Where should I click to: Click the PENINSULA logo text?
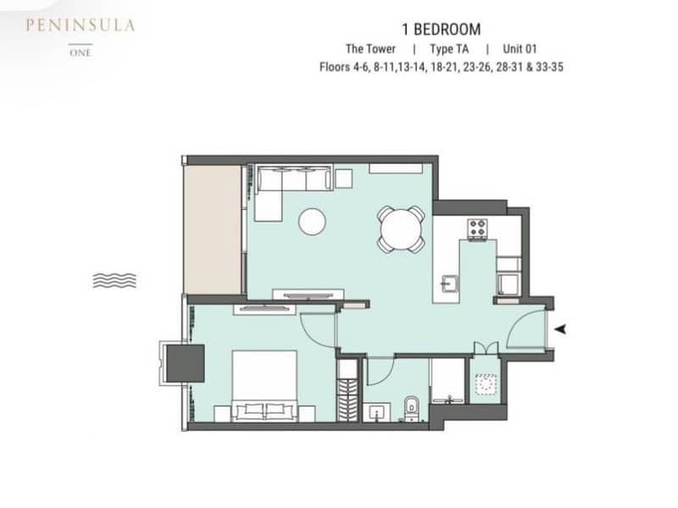80,25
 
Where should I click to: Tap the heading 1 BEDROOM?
441,30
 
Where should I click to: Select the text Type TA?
449,49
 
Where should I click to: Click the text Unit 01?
520,49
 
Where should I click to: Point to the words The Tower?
370,49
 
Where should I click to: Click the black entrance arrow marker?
561,329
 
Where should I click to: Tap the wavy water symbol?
114,280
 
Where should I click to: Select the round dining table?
401,229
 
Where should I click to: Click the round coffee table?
312,222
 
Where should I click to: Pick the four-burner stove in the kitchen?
478,229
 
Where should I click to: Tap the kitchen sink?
449,284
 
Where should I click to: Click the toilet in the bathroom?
411,409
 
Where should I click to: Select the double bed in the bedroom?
264,386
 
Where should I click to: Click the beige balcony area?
213,229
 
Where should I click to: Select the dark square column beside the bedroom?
186,363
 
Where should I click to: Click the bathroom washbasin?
376,412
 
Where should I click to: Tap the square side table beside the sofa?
343,179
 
